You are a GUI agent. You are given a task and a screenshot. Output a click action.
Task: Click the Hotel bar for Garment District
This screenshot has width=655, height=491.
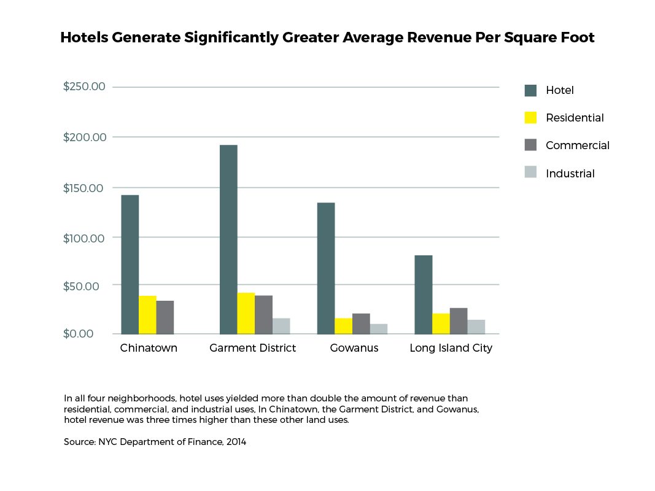point(228,239)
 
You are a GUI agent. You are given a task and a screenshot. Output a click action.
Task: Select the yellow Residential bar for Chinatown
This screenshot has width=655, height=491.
point(147,315)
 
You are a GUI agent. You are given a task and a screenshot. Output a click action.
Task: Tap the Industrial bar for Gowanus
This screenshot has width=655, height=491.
point(379,329)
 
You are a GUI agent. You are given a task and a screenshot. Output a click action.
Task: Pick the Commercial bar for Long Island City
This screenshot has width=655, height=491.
point(458,321)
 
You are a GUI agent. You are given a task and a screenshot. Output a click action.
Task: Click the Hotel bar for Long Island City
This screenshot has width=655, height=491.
point(423,295)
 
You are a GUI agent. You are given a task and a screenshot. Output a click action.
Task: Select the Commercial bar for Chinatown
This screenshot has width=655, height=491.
point(165,317)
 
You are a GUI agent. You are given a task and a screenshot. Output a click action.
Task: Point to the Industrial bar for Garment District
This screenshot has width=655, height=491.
point(281,326)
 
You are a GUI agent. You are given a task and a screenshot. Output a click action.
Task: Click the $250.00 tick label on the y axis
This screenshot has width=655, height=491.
point(85,87)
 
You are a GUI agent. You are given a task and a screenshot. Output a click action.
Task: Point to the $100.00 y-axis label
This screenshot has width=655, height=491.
point(85,238)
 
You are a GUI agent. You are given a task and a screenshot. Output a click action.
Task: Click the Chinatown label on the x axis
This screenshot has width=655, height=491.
point(149,349)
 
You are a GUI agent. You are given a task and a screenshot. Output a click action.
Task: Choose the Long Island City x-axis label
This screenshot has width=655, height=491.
point(451,349)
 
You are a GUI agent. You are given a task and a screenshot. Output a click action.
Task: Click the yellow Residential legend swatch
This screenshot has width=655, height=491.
point(530,117)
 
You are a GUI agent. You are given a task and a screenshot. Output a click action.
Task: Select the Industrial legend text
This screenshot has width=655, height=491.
point(570,174)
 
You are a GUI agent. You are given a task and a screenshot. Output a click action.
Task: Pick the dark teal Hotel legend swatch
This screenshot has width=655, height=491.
point(530,90)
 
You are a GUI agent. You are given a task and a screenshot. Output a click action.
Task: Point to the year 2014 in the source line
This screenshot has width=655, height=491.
point(235,442)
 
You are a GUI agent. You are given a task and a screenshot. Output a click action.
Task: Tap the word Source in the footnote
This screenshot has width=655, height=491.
point(79,442)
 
